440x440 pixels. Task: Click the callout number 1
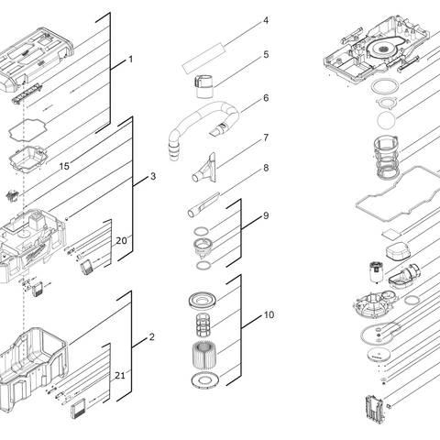[129, 60]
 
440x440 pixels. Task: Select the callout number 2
[152, 337]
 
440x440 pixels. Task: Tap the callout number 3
[152, 175]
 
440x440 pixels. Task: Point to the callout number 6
[266, 97]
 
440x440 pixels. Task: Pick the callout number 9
[266, 215]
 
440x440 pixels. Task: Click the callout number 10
[269, 314]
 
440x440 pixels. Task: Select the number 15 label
[63, 166]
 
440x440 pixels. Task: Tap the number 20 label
[121, 240]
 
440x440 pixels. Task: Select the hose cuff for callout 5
[204, 85]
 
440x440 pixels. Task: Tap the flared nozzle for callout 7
[203, 170]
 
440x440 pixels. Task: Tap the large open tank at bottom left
[37, 367]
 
